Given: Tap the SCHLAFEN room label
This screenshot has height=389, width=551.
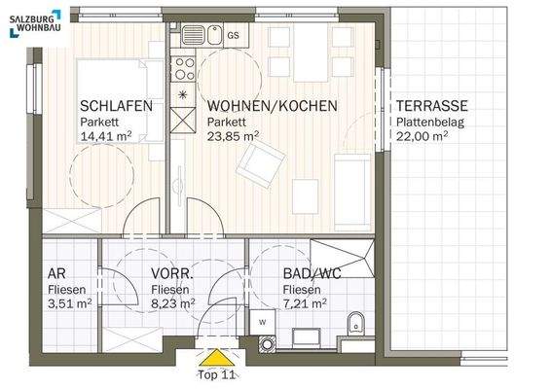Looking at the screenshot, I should coord(116,107).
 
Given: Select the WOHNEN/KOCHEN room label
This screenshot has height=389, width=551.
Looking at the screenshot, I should coord(272,107).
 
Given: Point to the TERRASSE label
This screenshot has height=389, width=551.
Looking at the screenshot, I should coord(431,107).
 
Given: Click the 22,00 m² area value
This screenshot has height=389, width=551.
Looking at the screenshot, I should coord(421,137).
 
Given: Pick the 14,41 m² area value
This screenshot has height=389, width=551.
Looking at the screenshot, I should coord(106,137).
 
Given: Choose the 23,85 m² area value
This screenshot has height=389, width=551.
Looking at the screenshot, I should coord(232,137).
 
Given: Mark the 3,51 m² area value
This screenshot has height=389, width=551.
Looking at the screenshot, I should coord(69,303).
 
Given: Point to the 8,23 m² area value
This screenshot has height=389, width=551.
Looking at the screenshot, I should coord(172,303).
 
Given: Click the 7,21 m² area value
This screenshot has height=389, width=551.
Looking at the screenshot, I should coord(304,303).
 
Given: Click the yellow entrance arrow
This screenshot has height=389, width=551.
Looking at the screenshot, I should coord(213,354).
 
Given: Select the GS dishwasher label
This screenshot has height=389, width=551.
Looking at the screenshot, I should coord(233,36).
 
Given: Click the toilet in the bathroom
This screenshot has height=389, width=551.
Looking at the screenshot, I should coord(356,322).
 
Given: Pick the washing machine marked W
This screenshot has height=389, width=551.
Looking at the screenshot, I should coord(263,323).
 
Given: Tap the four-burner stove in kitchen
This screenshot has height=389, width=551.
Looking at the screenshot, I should coord(183,69).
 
